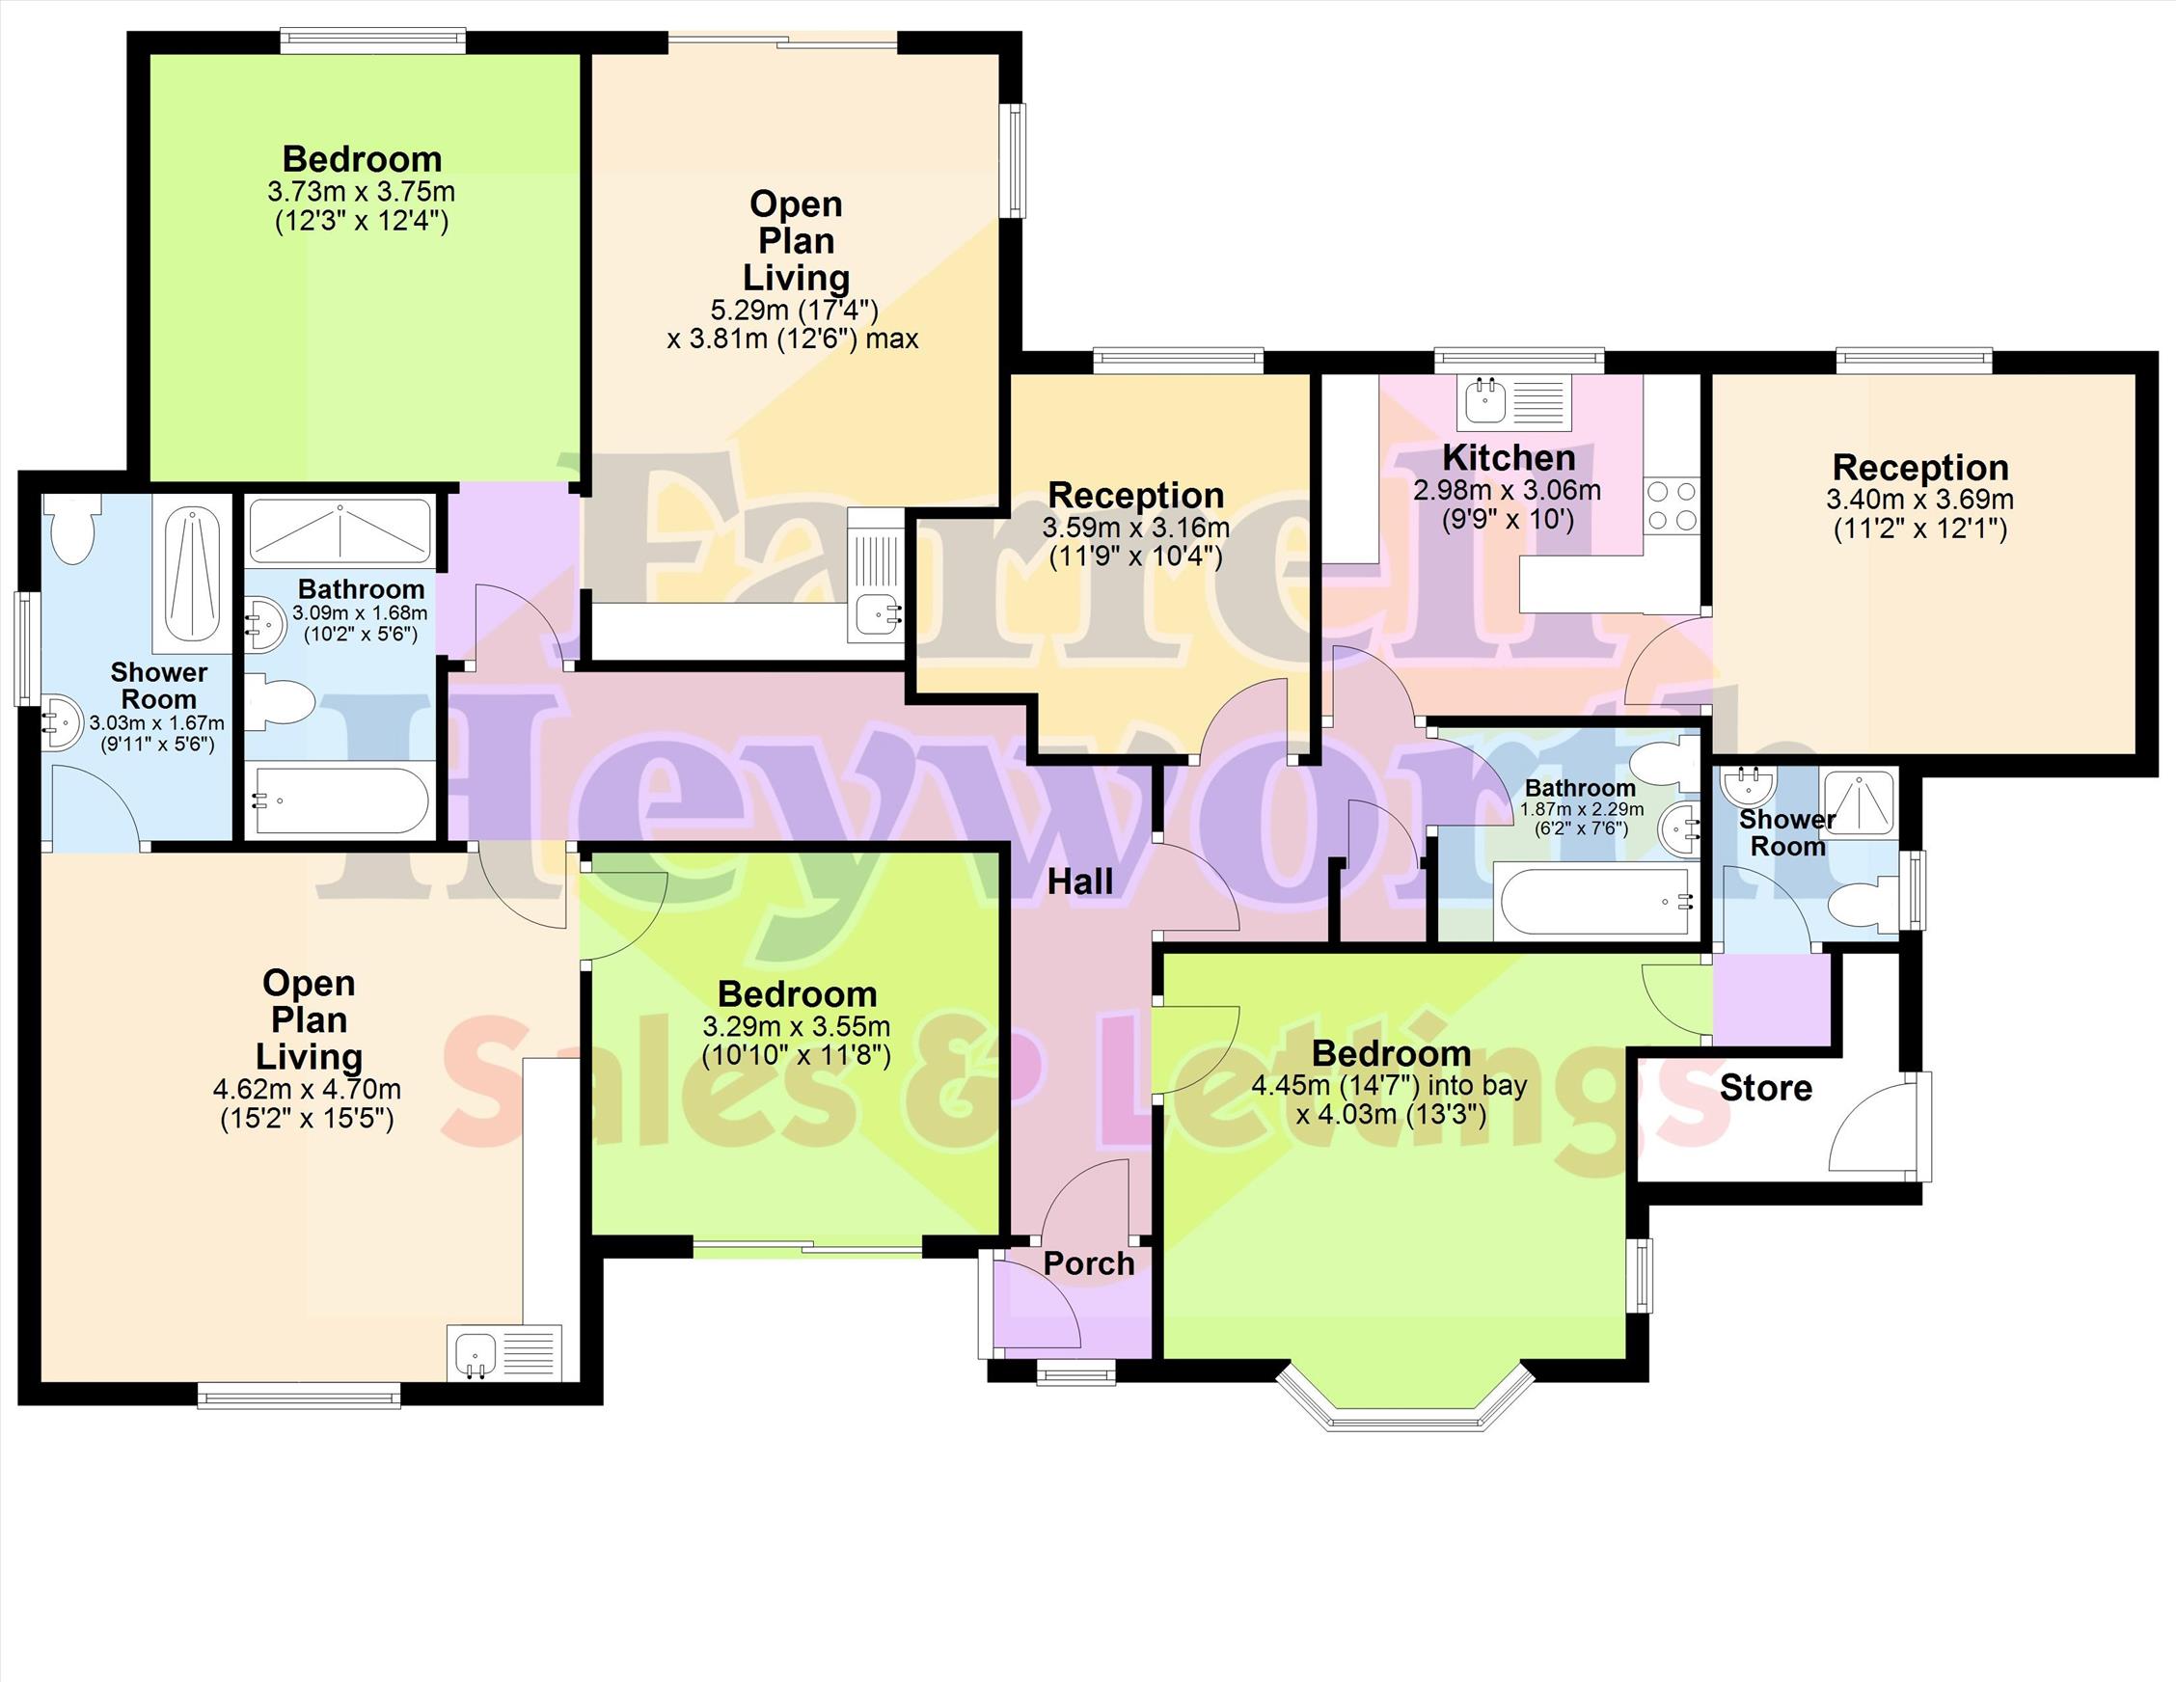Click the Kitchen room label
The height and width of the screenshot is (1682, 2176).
pyautogui.click(x=1509, y=458)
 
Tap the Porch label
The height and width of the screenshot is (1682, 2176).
pyautogui.click(x=1089, y=1263)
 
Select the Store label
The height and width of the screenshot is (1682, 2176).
pyautogui.click(x=1765, y=1088)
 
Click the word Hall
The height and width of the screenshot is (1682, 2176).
pyautogui.click(x=1080, y=881)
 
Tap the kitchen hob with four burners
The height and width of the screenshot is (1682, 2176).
pyautogui.click(x=1671, y=506)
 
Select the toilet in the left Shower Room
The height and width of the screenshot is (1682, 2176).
pyautogui.click(x=71, y=529)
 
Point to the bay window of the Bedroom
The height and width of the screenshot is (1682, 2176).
pyautogui.click(x=1404, y=1399)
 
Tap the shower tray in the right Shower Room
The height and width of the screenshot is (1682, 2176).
pyautogui.click(x=1858, y=803)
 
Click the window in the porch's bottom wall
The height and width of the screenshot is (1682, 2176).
pyautogui.click(x=1076, y=1374)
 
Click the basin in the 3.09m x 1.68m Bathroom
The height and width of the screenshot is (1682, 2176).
pyautogui.click(x=264, y=623)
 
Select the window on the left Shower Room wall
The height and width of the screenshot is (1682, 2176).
pyautogui.click(x=25, y=649)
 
